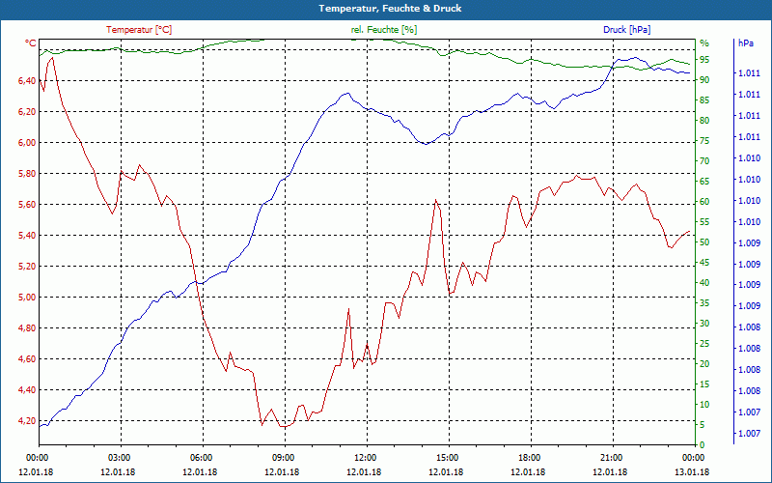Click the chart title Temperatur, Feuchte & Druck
[x=386, y=8]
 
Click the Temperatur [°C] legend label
[x=139, y=30]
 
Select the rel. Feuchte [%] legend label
[x=384, y=30]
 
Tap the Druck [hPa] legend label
[x=627, y=30]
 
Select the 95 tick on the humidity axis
[x=704, y=61]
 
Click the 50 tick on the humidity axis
[x=704, y=242]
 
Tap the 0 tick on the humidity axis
[x=702, y=445]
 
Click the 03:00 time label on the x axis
[x=120, y=458]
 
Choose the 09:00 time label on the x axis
[x=284, y=458]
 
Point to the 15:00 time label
[x=447, y=458]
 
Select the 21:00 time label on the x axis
[x=611, y=458]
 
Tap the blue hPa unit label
[x=745, y=43]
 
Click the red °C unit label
[x=31, y=43]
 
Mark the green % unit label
[x=703, y=43]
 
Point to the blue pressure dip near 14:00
[x=425, y=143]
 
